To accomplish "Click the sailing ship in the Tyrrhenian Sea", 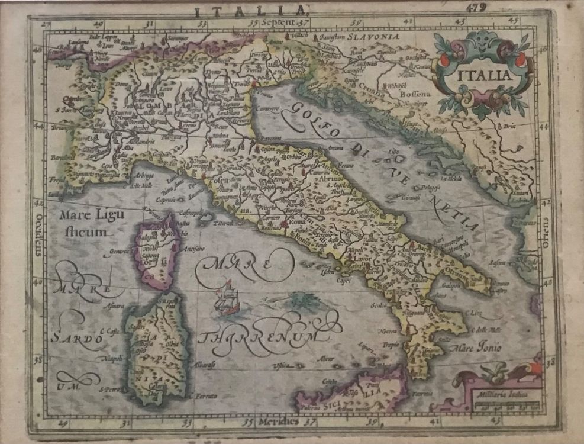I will point(226,299).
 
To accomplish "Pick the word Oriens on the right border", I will point(545,230).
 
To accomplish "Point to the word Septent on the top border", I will point(280,21).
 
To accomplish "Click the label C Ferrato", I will point(203,395).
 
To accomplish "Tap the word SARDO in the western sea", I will point(72,339).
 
